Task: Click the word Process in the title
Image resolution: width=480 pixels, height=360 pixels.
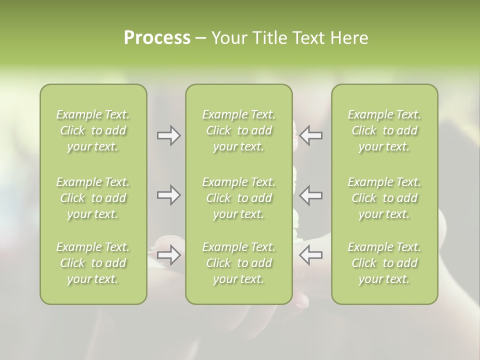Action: point(157,38)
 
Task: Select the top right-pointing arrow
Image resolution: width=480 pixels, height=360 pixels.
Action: point(169,135)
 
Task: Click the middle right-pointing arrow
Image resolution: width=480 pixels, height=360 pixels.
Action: point(169,195)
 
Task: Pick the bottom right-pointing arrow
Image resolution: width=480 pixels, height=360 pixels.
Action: point(169,255)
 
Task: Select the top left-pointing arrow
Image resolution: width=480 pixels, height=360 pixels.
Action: point(311,135)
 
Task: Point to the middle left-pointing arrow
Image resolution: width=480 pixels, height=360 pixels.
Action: point(311,195)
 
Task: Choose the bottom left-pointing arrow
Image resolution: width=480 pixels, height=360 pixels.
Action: point(311,255)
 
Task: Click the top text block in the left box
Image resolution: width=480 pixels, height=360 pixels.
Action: point(93,130)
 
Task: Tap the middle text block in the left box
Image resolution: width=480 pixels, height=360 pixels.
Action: point(93,198)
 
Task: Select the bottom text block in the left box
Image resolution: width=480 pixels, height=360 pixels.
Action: point(93,263)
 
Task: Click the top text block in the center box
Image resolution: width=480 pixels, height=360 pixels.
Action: point(239,130)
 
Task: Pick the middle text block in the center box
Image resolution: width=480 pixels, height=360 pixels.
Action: point(239,198)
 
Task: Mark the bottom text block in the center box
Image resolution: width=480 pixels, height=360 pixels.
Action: point(239,263)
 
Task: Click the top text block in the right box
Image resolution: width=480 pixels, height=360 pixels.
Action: point(384,130)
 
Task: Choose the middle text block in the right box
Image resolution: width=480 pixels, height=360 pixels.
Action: point(384,198)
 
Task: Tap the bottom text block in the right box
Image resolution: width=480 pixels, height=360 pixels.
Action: point(384,263)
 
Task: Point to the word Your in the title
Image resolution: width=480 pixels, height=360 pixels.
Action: point(227,38)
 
